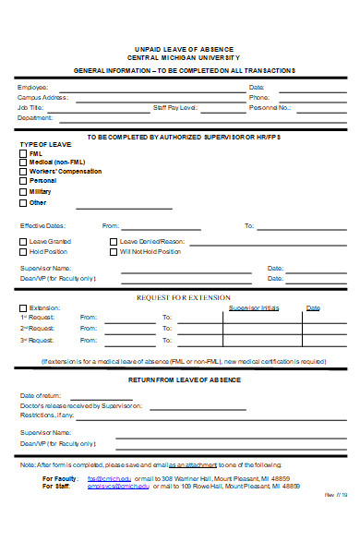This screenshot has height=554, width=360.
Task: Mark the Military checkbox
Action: click(23, 192)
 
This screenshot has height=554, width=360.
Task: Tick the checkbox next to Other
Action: click(23, 202)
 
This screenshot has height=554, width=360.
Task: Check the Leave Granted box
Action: click(23, 241)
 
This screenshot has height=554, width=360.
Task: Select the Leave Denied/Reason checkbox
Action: click(113, 241)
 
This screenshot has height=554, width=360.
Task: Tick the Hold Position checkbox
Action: click(23, 251)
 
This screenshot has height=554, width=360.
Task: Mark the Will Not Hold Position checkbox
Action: click(113, 251)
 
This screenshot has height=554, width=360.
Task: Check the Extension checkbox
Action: click(23, 307)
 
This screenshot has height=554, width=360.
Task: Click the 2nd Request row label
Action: click(38, 328)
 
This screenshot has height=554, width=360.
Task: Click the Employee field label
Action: click(33, 87)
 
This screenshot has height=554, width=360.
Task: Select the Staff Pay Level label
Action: click(175, 107)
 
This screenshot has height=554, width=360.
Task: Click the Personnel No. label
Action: click(270, 107)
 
